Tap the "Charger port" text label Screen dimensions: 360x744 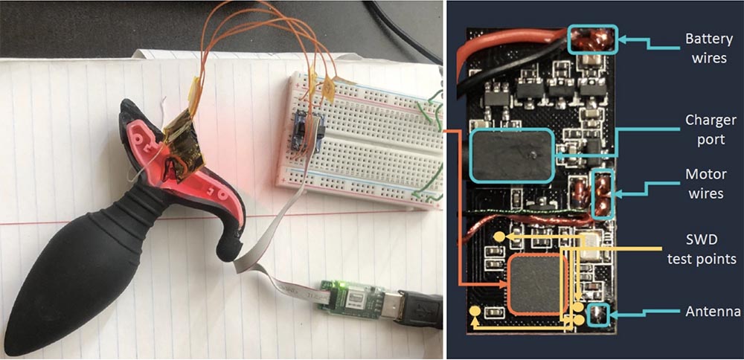click(710, 129)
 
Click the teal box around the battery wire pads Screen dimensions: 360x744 click(593, 39)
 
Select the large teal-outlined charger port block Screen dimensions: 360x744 click(512, 155)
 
